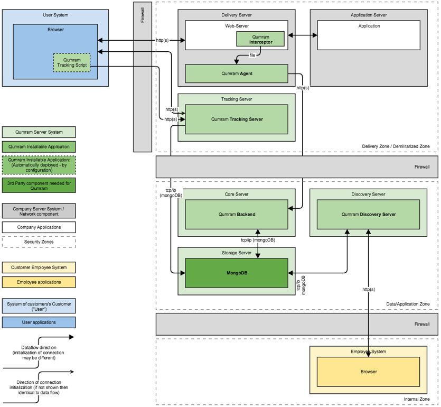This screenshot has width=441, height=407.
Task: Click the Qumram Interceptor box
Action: pos(260,39)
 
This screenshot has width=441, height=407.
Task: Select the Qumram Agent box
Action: pos(236,73)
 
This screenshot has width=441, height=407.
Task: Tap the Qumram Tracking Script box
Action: pos(72,63)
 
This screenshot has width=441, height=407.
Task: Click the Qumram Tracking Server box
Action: pos(236,119)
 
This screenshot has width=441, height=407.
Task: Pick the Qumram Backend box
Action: pos(236,214)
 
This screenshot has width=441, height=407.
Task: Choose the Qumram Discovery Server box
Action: pos(368,214)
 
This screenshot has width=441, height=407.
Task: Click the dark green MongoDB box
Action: pos(236,273)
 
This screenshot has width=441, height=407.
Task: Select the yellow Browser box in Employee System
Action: pos(368,372)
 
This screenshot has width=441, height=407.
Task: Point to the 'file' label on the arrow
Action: pos(253,55)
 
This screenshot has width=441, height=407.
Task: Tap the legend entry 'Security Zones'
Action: pos(39,242)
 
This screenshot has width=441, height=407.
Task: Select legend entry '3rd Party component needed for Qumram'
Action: pos(39,185)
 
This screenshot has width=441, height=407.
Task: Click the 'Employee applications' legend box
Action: pos(39,282)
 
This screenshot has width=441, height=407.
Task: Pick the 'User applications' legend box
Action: pos(39,322)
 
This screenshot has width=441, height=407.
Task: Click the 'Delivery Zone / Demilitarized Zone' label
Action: pos(396,146)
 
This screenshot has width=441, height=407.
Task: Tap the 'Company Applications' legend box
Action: pos(39,227)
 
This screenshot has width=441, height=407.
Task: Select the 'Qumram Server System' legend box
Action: pos(39,132)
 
